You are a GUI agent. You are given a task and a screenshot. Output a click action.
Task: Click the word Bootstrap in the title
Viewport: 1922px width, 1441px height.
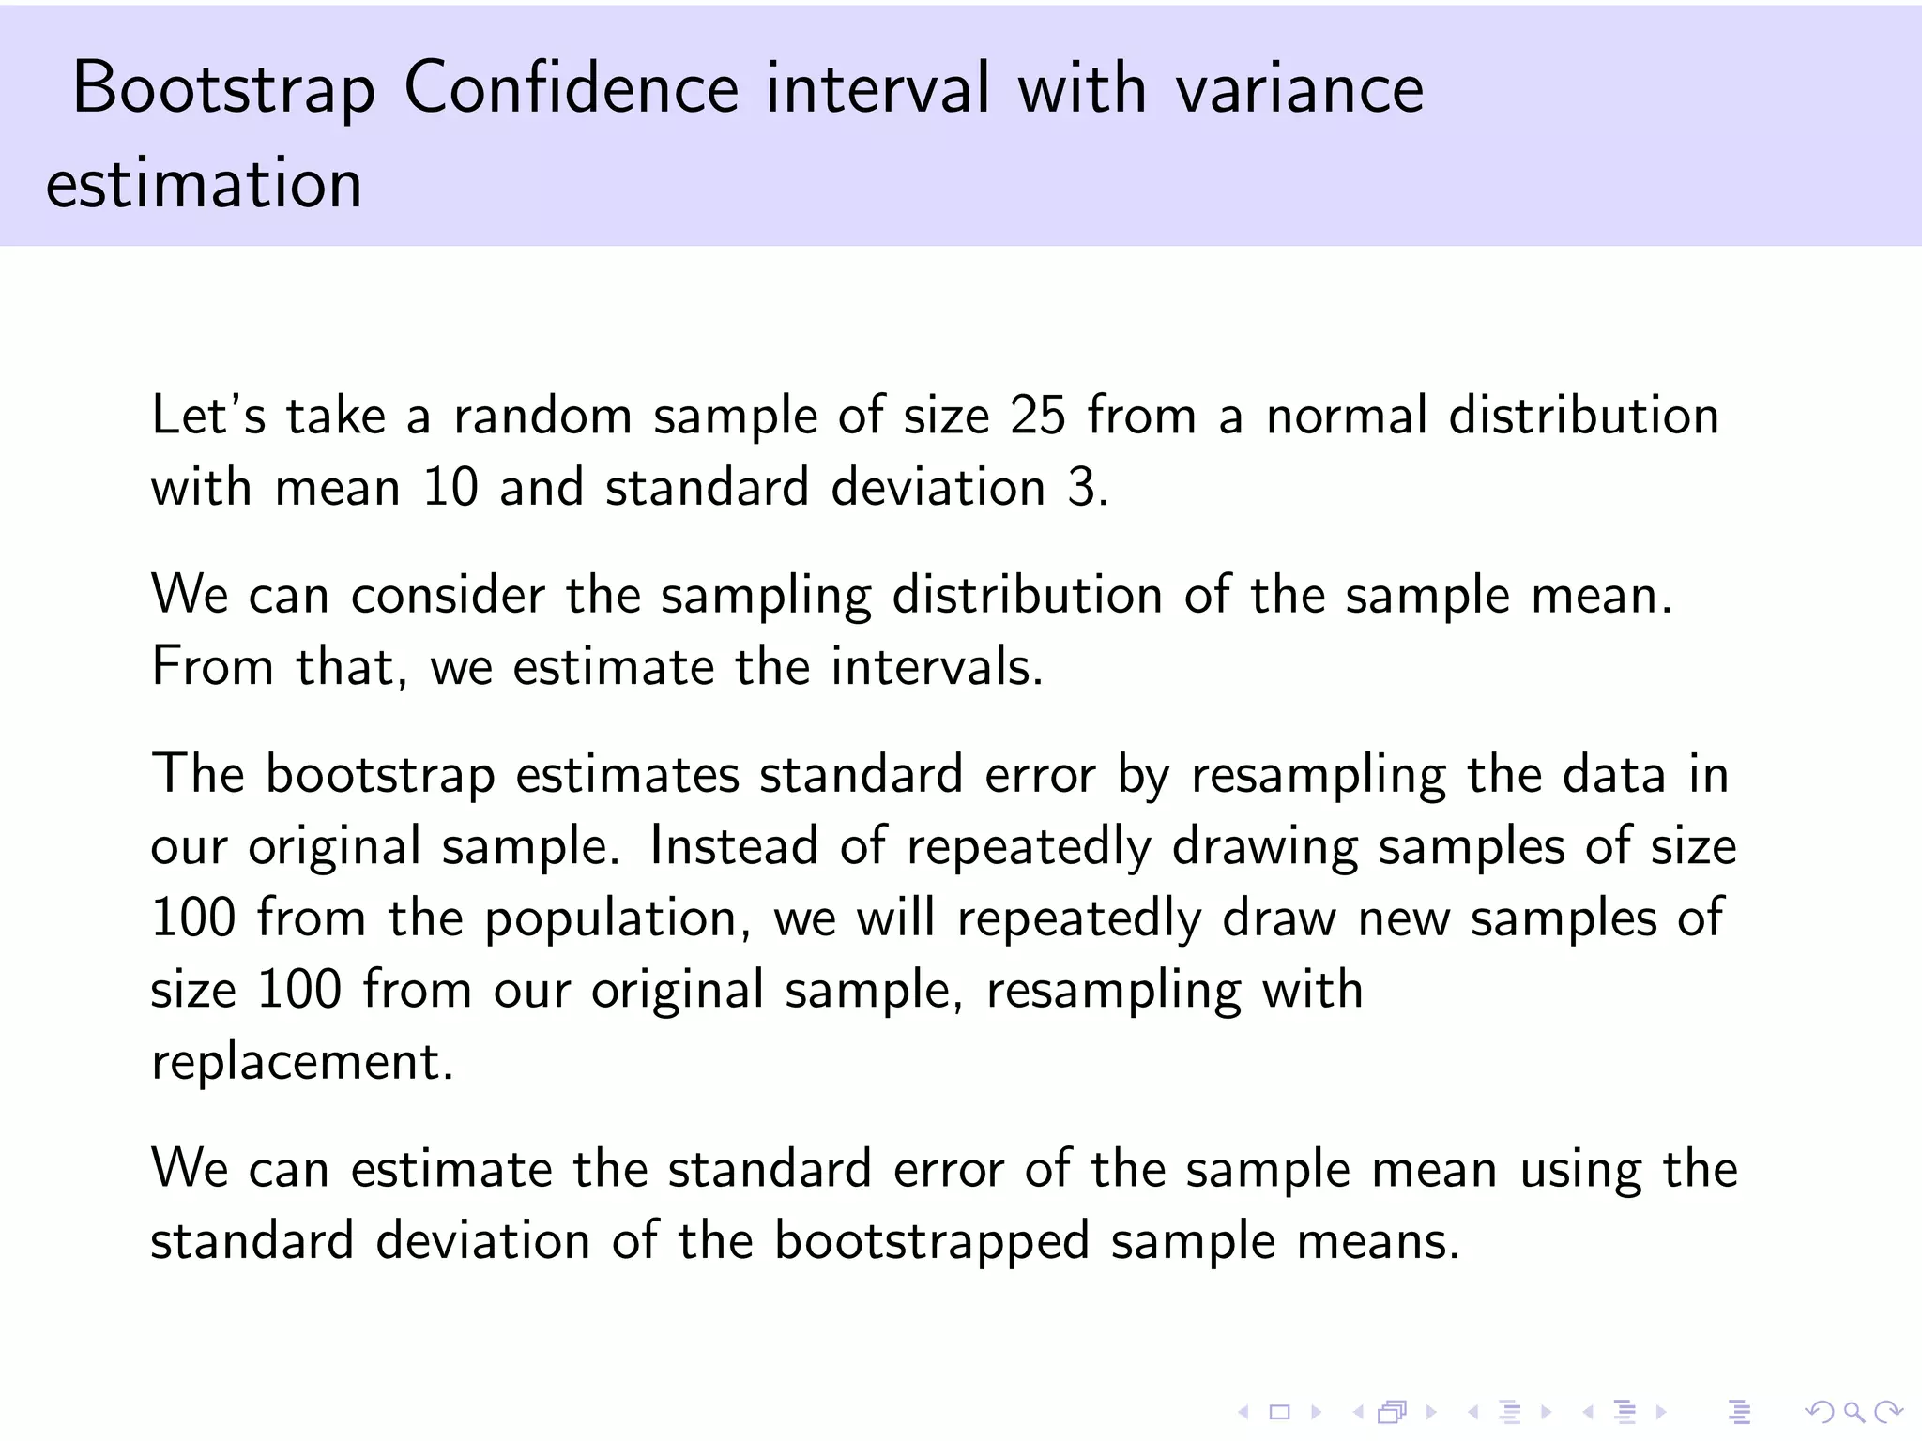tap(223, 90)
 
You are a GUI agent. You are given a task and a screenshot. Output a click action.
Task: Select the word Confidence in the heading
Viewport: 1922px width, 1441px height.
tap(572, 88)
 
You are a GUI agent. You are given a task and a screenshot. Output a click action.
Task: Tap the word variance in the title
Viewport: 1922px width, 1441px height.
tap(1300, 88)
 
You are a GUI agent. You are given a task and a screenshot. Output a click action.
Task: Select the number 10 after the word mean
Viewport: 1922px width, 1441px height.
tap(450, 487)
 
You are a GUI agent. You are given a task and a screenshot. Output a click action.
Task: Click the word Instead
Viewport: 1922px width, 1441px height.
tap(733, 845)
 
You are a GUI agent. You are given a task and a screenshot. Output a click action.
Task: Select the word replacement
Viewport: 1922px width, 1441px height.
tap(301, 1061)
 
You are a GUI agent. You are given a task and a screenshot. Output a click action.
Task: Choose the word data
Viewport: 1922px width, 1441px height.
tap(1613, 774)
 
